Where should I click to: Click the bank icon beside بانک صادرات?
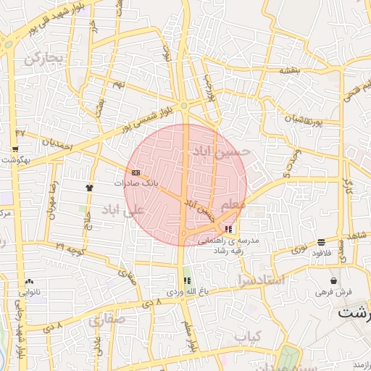(x=136, y=172)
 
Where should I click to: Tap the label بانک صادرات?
(x=136, y=183)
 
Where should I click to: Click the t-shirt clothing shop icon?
(x=89, y=187)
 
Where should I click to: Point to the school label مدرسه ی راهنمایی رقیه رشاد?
(x=249, y=244)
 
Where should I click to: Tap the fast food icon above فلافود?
(x=321, y=242)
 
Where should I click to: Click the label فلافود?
(x=321, y=253)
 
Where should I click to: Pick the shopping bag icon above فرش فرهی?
(x=333, y=280)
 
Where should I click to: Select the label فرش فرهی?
(x=333, y=291)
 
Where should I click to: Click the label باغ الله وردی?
(x=183, y=291)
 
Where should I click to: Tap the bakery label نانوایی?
(x=29, y=292)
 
